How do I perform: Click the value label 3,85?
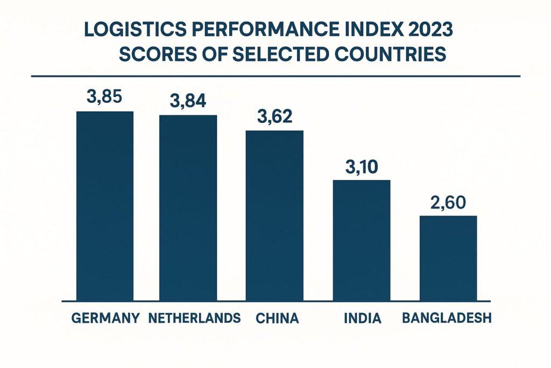tap(104, 98)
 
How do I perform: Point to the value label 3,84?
tap(188, 101)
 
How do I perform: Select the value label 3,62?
tap(274, 117)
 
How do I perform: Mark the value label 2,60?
tap(448, 203)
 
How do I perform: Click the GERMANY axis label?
tap(105, 318)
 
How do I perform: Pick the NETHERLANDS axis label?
tap(194, 318)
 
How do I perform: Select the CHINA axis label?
tap(277, 318)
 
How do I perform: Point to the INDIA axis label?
tap(362, 318)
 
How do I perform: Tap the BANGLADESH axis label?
tap(447, 318)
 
